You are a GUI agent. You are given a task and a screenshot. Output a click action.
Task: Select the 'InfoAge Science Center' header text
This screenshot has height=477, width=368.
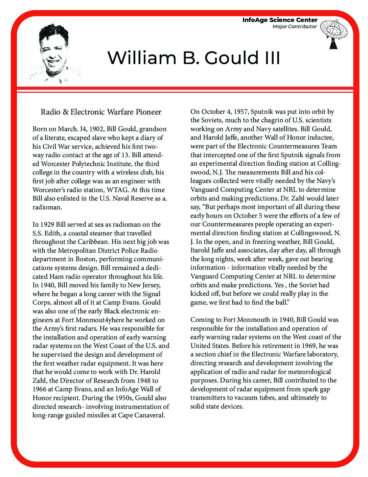click(x=280, y=20)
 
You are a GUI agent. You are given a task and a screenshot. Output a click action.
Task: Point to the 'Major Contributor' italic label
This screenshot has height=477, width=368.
click(x=295, y=27)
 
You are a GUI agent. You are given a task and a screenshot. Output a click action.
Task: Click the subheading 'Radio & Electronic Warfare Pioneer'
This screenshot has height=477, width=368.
click(x=101, y=112)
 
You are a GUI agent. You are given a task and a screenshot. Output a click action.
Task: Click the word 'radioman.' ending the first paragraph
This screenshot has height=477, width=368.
click(x=47, y=207)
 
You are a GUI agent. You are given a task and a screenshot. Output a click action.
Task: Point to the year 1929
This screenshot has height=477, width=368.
click(x=47, y=225)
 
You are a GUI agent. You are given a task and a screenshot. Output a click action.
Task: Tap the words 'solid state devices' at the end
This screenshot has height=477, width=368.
click(x=216, y=407)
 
